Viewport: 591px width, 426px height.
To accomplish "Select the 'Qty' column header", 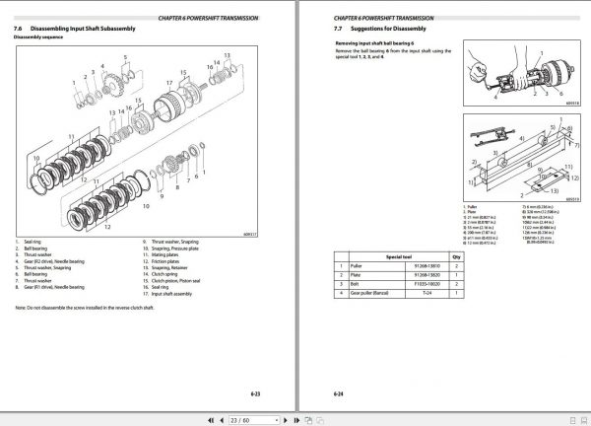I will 455,253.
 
